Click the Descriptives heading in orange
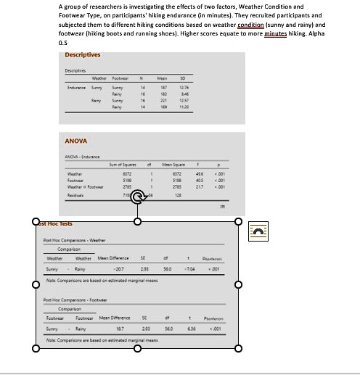83,55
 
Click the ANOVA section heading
76,141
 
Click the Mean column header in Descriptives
173,78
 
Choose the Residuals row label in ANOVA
75,196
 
